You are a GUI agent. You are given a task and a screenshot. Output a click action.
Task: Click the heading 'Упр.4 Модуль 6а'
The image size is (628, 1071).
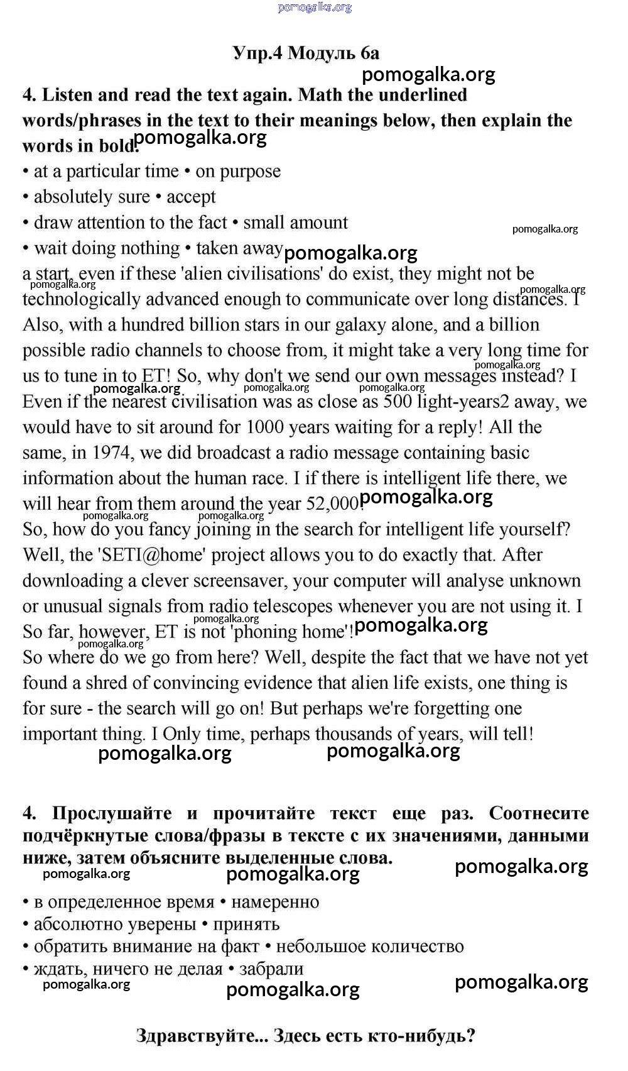(x=306, y=53)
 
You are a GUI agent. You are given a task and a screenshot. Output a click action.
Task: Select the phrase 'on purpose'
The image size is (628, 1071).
(x=238, y=172)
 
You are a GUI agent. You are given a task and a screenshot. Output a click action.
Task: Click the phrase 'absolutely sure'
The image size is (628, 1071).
(x=92, y=197)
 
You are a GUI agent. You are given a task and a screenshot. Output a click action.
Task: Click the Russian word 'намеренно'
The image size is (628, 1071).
(x=275, y=903)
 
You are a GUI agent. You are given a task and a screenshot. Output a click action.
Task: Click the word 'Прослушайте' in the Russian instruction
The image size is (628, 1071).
(x=112, y=813)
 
